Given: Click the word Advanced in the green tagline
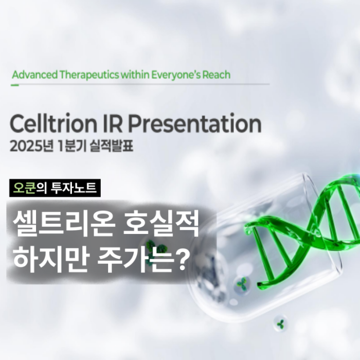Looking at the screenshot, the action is point(34,75).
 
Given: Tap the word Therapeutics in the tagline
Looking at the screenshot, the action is point(89,75).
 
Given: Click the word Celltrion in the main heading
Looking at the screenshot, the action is point(53,123).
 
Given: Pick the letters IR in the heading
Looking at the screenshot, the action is point(113,123).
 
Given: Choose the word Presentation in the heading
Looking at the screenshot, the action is point(195,124).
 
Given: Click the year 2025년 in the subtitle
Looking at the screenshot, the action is point(32,146).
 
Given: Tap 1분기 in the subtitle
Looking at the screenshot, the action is point(72,146).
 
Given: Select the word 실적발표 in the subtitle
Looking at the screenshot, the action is point(112,146).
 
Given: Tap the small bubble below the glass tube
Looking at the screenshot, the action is point(280,323).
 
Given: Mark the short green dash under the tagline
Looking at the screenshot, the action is point(15,85).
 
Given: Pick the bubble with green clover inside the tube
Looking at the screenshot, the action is point(242,284).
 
